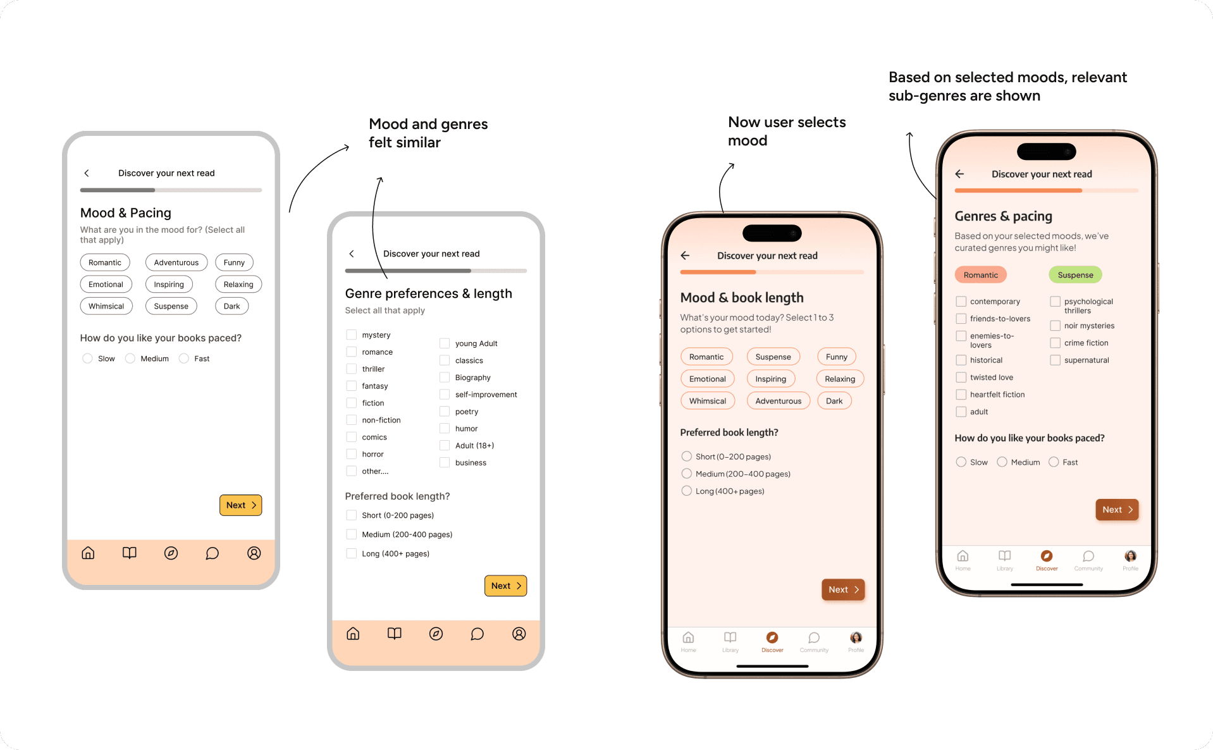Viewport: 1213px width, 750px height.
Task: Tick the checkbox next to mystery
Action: tap(351, 335)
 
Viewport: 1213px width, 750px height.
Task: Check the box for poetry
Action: tap(445, 411)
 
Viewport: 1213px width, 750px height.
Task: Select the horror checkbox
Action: tap(351, 453)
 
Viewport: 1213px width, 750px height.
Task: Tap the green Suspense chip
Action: tap(1075, 274)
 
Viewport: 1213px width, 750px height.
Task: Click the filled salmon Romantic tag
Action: tap(980, 274)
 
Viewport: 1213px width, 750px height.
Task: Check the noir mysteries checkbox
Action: tap(1055, 325)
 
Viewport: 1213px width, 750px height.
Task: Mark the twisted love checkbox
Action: tap(961, 377)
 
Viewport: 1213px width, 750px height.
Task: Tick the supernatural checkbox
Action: tap(1055, 360)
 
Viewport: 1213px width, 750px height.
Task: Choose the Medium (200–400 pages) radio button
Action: tap(686, 473)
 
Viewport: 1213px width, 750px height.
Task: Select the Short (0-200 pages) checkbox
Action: tap(351, 515)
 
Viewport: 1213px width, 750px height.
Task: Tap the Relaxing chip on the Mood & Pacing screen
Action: tap(238, 284)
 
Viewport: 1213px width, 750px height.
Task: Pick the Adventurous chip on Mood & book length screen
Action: tap(778, 400)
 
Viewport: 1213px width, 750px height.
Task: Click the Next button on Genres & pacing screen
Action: tap(1117, 509)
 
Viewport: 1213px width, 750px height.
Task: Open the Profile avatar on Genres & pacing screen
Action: tap(1130, 556)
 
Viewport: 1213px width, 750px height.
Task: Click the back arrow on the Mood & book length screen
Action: tap(685, 255)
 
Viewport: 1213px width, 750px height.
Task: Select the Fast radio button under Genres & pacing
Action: tap(1054, 462)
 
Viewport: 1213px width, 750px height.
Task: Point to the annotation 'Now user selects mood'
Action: tap(787, 131)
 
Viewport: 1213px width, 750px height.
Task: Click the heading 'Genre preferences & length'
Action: tap(428, 293)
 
